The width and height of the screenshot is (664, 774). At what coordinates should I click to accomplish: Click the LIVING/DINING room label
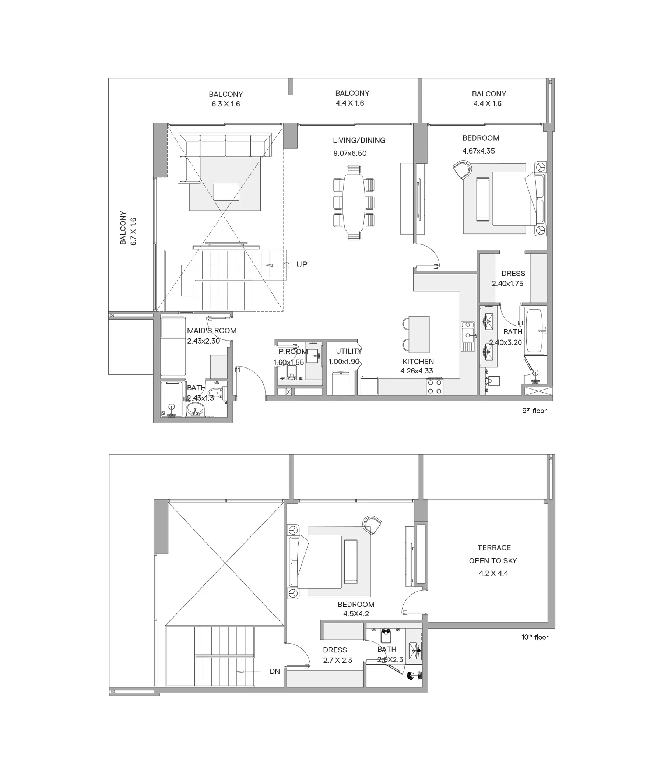[x=359, y=140]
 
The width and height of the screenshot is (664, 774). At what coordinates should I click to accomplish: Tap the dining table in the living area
[x=354, y=203]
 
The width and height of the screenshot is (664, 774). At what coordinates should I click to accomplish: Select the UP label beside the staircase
[x=302, y=264]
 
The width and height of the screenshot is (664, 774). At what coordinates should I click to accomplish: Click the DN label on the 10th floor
[x=275, y=671]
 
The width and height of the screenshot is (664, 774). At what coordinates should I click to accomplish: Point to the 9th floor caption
[x=534, y=411]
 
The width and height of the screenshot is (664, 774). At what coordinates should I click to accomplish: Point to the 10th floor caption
[x=535, y=637]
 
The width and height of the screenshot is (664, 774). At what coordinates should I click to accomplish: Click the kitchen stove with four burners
[x=435, y=386]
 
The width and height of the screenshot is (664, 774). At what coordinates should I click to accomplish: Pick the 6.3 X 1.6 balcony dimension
[x=226, y=104]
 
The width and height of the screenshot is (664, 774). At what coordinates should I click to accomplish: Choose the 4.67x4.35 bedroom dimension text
[x=478, y=151]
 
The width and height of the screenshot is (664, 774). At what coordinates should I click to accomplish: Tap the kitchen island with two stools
[x=418, y=334]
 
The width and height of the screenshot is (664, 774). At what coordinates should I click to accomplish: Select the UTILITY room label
[x=349, y=351]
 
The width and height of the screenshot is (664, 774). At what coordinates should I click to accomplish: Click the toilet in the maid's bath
[x=216, y=392]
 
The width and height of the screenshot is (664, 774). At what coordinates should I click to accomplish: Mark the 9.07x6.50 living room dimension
[x=350, y=153]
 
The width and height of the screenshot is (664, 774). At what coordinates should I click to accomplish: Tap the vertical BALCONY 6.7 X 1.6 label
[x=128, y=228]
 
